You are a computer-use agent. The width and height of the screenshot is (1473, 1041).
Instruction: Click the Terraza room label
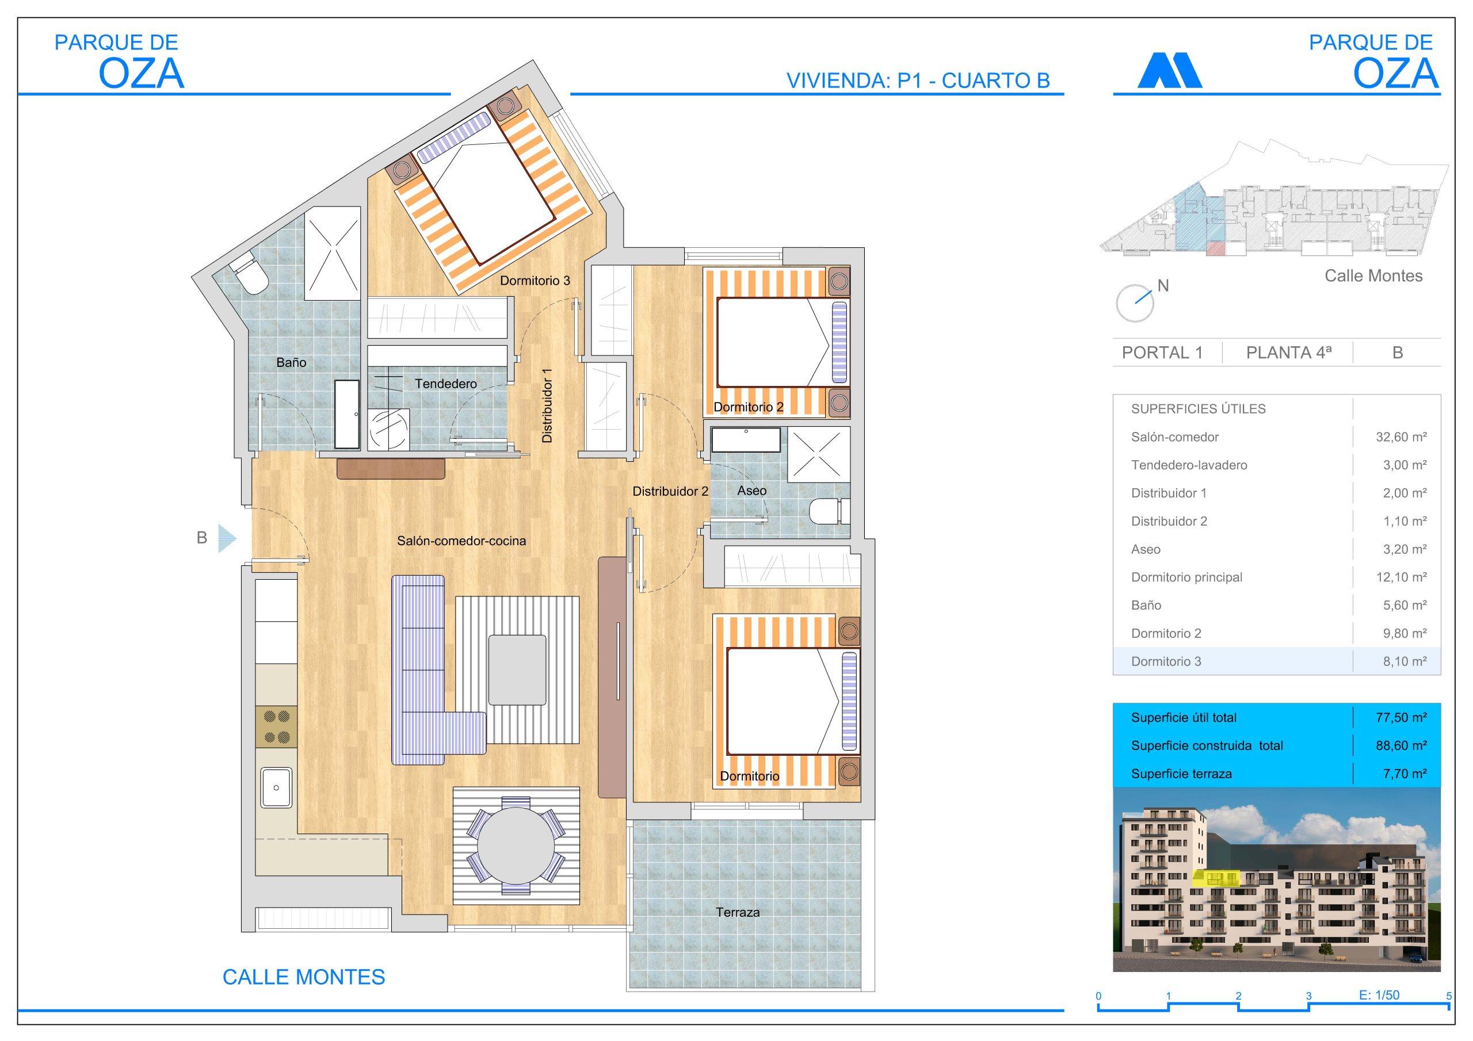tap(737, 912)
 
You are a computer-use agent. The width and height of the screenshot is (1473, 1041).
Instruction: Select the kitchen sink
tap(276, 787)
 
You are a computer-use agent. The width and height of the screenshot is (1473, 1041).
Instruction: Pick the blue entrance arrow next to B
tap(227, 538)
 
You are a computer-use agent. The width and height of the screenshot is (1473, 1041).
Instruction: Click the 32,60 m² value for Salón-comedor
tap(1401, 437)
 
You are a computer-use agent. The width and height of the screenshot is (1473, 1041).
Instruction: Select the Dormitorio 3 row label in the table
tap(1166, 661)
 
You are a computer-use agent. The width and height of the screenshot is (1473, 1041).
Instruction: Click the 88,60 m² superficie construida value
tap(1401, 745)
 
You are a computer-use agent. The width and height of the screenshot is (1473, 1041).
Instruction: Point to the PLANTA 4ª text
tap(1288, 352)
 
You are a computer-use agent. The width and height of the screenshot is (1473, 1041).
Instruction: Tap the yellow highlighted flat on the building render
tap(1215, 878)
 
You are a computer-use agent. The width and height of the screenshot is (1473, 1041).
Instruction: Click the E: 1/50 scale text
tap(1379, 995)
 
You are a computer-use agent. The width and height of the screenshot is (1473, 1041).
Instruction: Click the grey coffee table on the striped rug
tap(517, 669)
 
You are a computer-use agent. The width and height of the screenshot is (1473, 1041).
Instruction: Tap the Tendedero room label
tap(445, 384)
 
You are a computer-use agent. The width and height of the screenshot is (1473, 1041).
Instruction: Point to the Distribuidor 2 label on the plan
tap(670, 491)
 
